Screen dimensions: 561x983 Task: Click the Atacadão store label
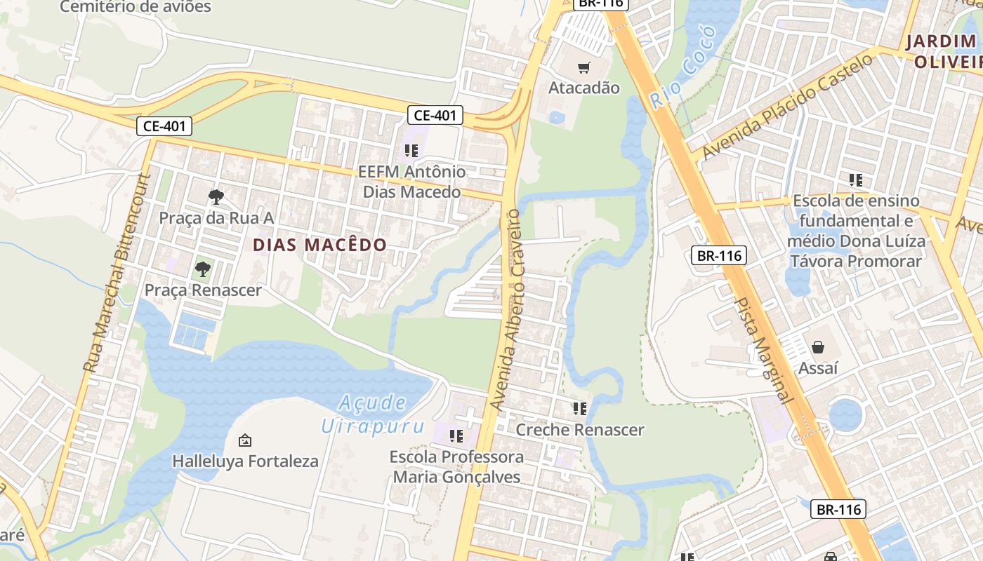click(583, 88)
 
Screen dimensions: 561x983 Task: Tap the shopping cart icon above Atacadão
click(583, 67)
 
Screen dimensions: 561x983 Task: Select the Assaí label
click(818, 367)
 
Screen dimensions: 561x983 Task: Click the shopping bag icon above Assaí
click(818, 347)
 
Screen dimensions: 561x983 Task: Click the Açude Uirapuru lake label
click(373, 414)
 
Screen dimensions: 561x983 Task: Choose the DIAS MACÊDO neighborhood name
click(319, 245)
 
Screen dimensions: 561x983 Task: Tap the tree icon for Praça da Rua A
click(216, 196)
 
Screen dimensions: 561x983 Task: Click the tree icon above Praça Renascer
click(203, 269)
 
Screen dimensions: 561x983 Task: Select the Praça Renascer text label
click(203, 290)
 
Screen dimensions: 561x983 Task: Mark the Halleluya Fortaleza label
click(245, 461)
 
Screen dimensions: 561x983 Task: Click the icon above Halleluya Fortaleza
click(245, 440)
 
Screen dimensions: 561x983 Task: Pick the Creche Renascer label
click(580, 429)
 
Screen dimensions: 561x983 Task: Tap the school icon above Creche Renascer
click(579, 408)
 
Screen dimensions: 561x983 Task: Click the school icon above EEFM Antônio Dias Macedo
click(411, 150)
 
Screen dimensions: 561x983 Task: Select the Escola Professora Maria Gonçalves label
click(456, 467)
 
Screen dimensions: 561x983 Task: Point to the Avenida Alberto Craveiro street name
click(507, 309)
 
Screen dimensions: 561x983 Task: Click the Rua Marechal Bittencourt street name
click(116, 273)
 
